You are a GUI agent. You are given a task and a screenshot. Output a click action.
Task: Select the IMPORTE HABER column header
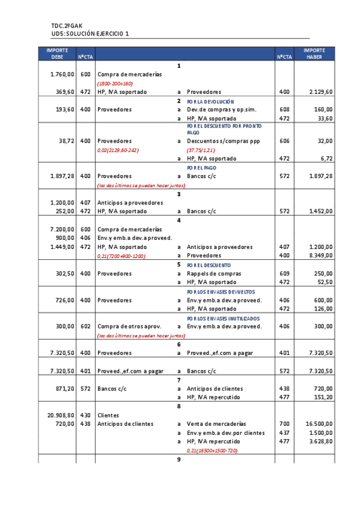pyautogui.click(x=314, y=53)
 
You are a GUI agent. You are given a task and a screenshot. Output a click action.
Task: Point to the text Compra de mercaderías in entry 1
pyautogui.click(x=129, y=75)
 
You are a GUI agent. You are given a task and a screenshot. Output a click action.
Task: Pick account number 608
pyautogui.click(x=284, y=109)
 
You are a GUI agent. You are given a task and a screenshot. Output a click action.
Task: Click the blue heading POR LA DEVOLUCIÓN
pyautogui.click(x=210, y=102)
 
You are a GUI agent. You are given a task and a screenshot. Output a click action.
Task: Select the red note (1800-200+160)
pyautogui.click(x=115, y=84)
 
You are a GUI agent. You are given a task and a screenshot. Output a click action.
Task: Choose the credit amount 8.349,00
pyautogui.click(x=320, y=256)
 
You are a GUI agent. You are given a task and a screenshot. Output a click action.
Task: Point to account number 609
pyautogui.click(x=284, y=274)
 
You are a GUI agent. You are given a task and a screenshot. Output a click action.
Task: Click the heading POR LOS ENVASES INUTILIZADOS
pyautogui.click(x=223, y=318)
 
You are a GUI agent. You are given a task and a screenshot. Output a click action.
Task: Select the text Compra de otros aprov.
pyautogui.click(x=129, y=326)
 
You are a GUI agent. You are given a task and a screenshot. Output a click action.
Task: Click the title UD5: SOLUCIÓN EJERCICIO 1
pyautogui.click(x=90, y=34)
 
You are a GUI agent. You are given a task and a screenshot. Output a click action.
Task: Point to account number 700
pyautogui.click(x=284, y=423)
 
